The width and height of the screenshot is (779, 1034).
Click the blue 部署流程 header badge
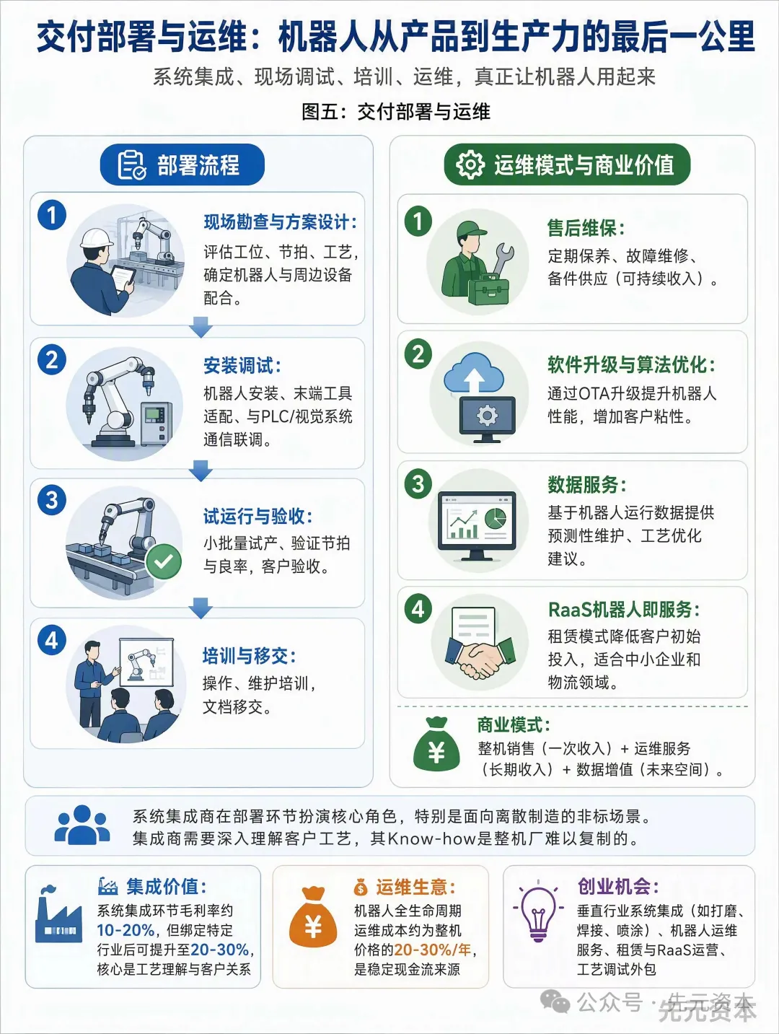point(182,165)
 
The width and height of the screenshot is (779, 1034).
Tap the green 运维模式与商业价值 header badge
point(567,165)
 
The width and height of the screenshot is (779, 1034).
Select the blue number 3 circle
point(52,500)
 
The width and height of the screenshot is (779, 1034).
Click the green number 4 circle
point(418,609)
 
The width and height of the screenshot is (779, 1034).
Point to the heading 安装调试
point(242,366)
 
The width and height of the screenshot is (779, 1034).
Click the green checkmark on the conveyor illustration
point(163,561)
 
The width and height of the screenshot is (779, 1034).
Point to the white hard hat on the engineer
point(97,239)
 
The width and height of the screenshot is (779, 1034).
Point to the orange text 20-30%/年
point(432,949)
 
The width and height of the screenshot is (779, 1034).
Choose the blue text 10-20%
point(126,930)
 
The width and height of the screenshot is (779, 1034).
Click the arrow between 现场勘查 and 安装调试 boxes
point(201,327)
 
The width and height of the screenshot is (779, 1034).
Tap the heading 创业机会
point(618,886)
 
